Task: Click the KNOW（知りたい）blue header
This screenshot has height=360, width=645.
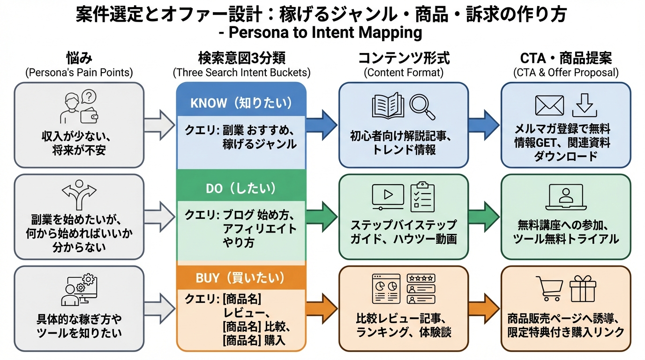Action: click(x=241, y=103)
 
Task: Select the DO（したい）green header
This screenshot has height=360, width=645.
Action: click(x=241, y=188)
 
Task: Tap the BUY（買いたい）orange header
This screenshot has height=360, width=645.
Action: click(x=241, y=277)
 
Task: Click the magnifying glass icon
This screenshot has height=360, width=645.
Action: click(x=422, y=107)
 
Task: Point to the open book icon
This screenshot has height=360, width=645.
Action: click(x=388, y=105)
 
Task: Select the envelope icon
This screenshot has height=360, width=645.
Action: click(x=549, y=105)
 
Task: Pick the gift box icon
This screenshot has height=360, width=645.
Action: click(x=582, y=288)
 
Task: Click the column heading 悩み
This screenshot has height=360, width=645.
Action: click(x=79, y=59)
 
